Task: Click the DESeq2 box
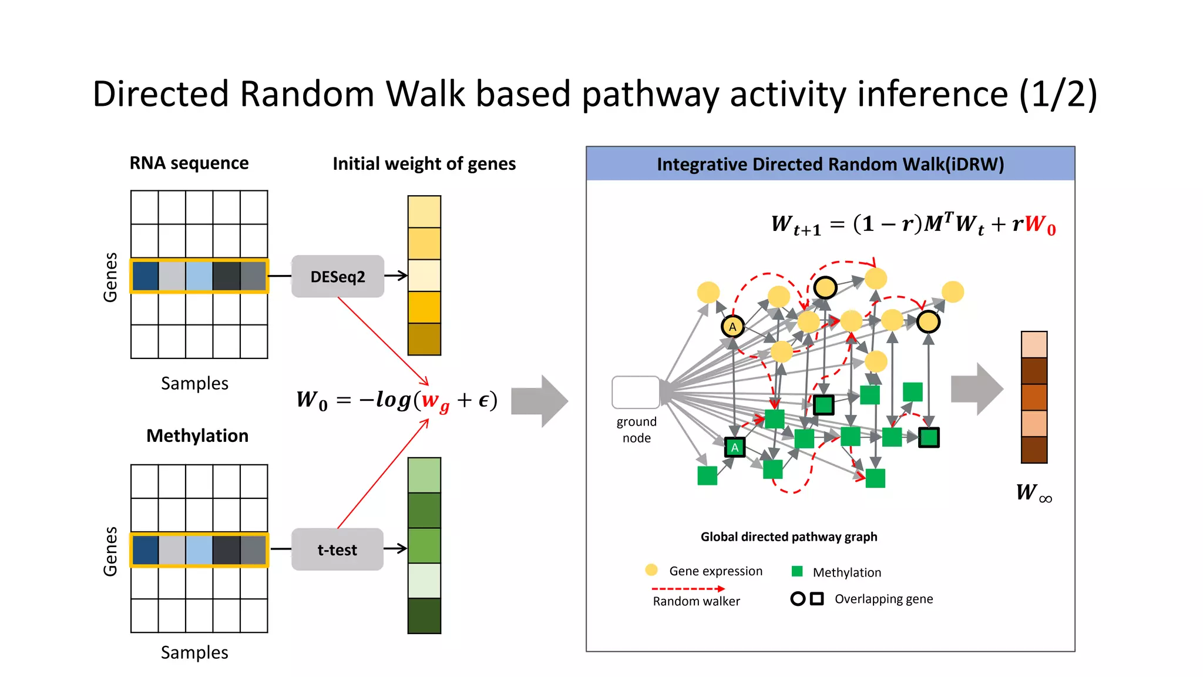pos(338,276)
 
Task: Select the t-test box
pos(337,549)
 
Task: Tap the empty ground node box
pos(636,392)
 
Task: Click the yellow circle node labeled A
pos(732,327)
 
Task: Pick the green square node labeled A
pos(734,448)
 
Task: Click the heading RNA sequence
pos(189,163)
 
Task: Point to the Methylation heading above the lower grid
pos(197,435)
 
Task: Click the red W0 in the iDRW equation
pos(1040,224)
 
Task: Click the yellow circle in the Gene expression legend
pos(651,570)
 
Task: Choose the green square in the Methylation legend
pos(797,571)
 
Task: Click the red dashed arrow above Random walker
pos(687,588)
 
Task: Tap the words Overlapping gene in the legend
pos(883,599)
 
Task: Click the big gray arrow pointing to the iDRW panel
pos(539,401)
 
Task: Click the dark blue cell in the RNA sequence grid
pos(145,276)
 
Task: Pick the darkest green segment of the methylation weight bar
pos(424,615)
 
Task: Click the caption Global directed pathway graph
pos(788,537)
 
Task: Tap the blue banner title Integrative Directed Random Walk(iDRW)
pos(830,164)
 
